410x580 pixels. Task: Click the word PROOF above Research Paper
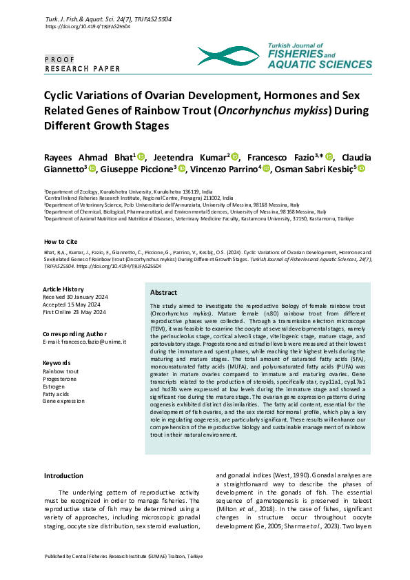click(x=59, y=59)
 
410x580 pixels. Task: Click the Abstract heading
click(x=163, y=293)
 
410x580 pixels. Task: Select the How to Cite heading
click(x=61, y=242)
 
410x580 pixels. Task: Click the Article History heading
click(x=63, y=289)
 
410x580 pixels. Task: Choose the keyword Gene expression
click(x=63, y=400)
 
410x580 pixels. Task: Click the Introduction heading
click(x=63, y=475)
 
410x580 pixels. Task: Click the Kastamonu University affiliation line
click(x=199, y=218)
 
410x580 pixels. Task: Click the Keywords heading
click(x=57, y=362)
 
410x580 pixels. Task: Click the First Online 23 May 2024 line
click(x=74, y=312)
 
